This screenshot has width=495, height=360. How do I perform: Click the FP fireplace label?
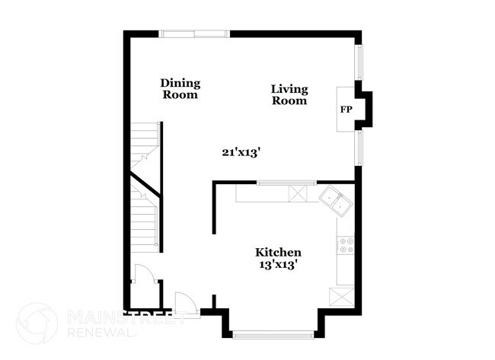(346, 110)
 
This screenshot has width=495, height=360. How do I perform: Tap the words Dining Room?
(180, 89)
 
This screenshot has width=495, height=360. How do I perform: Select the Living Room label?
(289, 94)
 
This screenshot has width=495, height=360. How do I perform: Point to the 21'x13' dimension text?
(242, 152)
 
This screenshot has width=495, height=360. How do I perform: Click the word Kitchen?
(278, 253)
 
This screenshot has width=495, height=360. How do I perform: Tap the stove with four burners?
(346, 245)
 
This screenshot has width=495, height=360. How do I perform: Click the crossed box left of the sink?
(299, 194)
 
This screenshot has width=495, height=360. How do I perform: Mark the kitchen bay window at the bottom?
(272, 333)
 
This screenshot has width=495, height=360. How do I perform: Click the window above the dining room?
(193, 33)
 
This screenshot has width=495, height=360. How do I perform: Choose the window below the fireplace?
(359, 147)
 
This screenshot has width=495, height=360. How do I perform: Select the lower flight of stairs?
(145, 225)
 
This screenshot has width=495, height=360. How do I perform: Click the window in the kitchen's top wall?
(286, 183)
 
